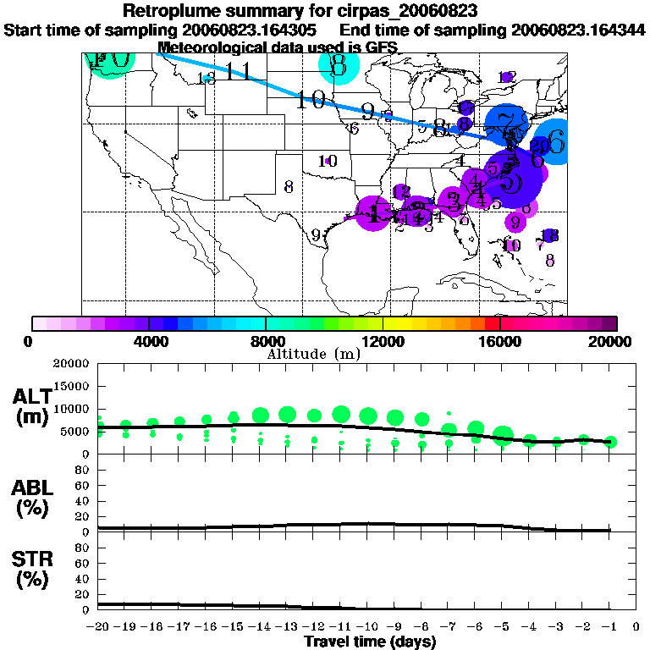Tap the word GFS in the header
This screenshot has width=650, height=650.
click(x=369, y=47)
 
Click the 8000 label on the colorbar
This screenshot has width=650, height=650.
click(x=266, y=341)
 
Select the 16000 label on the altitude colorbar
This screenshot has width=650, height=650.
click(x=499, y=341)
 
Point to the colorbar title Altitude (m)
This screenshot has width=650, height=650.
click(x=313, y=353)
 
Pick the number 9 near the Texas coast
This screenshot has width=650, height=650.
click(x=315, y=236)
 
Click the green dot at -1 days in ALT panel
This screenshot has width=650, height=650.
click(x=610, y=442)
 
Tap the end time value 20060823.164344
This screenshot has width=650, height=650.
click(x=579, y=30)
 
